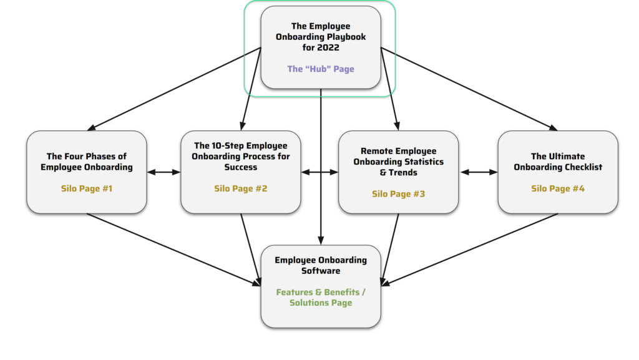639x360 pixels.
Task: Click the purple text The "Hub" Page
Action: coord(321,69)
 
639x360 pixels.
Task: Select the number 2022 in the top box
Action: coord(328,47)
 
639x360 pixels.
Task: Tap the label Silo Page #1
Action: coord(86,188)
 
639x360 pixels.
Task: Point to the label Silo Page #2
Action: coord(241,188)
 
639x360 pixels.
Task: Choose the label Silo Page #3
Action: coord(399,194)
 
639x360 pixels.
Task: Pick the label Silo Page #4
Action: coord(558,188)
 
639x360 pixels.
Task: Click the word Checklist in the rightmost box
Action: coord(582,167)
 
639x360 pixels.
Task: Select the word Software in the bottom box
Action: coord(321,271)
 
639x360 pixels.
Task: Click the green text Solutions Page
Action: coord(321,303)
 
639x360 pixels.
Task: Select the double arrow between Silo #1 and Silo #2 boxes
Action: coord(163,172)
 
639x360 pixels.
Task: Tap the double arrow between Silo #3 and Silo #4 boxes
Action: coord(479,172)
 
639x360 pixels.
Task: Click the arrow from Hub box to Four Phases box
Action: coord(174,89)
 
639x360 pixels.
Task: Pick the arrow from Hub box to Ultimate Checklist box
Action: coord(469,89)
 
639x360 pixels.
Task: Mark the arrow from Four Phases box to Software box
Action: coord(174,250)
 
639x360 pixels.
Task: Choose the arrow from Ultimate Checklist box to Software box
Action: coord(469,249)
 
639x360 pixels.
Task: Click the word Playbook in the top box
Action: coord(348,37)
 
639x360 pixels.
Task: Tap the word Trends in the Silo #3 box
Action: coord(403,173)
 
